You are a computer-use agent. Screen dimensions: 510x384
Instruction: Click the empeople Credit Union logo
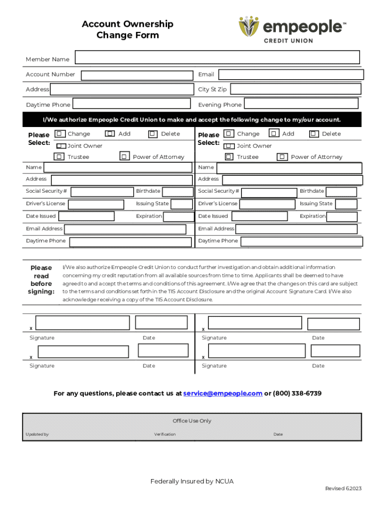[x=292, y=29]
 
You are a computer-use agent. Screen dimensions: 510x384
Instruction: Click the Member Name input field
[x=217, y=57]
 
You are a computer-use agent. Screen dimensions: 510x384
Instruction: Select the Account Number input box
[x=137, y=75]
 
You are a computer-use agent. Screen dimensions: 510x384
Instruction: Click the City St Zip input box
[x=295, y=89]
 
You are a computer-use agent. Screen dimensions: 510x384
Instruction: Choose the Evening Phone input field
[x=301, y=104]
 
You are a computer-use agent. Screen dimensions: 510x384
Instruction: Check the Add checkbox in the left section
[x=110, y=133]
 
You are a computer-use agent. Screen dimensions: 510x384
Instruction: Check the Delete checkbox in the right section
[x=314, y=133]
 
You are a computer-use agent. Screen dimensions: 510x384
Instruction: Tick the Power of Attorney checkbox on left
[x=125, y=156]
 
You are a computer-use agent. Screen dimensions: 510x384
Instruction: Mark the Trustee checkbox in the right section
[x=229, y=156]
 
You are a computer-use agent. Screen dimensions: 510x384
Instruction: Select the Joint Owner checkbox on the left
[x=61, y=146]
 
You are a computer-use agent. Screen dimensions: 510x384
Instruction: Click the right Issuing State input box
[x=346, y=204]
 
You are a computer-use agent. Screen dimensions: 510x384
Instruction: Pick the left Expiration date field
[x=179, y=217]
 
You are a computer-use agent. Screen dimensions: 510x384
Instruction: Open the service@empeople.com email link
[x=222, y=393]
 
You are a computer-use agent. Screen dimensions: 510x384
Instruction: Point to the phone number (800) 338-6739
[x=297, y=393]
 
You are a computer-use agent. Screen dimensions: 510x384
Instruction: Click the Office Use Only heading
[x=192, y=421]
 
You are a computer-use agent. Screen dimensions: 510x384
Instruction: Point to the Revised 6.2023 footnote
[x=343, y=489]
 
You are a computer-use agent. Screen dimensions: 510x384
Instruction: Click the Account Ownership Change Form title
[x=128, y=29]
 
